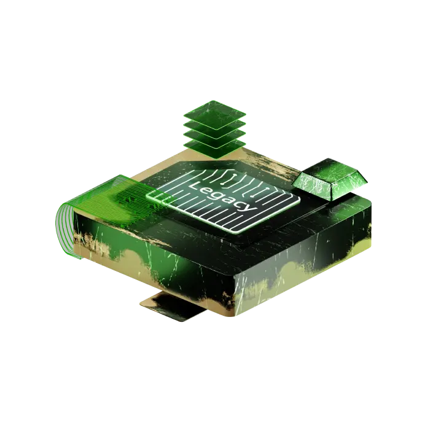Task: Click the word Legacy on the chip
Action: click(223, 196)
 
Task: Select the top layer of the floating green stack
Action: click(215, 113)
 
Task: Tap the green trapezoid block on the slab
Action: click(329, 178)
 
